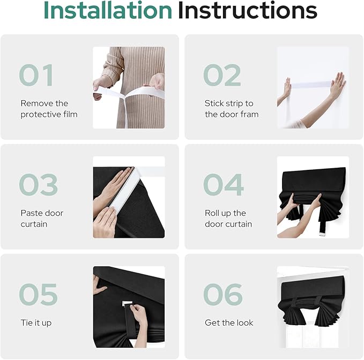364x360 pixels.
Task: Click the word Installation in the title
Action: click(x=108, y=10)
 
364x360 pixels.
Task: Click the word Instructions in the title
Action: click(x=248, y=10)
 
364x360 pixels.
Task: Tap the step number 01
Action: click(x=36, y=75)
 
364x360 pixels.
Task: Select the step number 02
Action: click(x=222, y=75)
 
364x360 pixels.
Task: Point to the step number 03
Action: click(x=38, y=185)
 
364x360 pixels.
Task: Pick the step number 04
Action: click(x=224, y=185)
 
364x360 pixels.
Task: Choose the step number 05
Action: click(x=38, y=294)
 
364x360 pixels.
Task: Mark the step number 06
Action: click(x=223, y=294)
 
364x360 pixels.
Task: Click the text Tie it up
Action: click(x=36, y=323)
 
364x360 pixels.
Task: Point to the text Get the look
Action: click(x=229, y=322)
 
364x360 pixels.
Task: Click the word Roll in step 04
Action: click(x=211, y=213)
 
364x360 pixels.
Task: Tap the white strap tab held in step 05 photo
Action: click(x=127, y=303)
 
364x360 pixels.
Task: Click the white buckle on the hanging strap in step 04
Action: click(x=322, y=234)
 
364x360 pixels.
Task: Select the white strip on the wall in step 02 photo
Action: click(x=310, y=85)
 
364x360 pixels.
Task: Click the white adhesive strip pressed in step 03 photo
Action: click(x=124, y=191)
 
